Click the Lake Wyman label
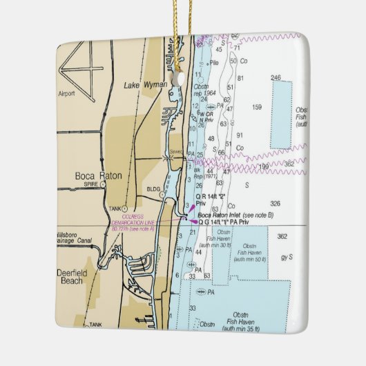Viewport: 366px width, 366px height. (x=141, y=86)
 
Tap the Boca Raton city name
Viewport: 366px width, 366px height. (x=98, y=175)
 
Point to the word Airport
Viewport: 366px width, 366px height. (x=66, y=93)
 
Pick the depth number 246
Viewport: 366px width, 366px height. (x=277, y=78)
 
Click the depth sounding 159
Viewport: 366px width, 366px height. (x=257, y=107)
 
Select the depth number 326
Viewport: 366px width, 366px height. (x=275, y=204)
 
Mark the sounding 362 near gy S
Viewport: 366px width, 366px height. (x=282, y=237)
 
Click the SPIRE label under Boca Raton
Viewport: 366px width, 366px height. (x=84, y=186)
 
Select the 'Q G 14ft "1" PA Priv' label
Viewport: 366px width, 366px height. (x=228, y=222)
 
